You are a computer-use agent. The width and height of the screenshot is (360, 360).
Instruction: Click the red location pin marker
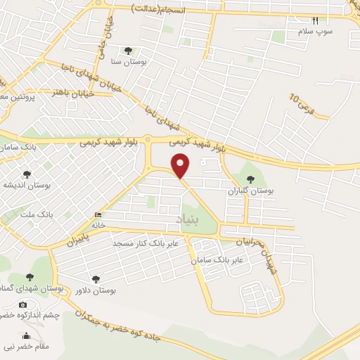pyautogui.click(x=181, y=165)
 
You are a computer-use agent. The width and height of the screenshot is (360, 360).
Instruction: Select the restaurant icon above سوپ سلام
pyautogui.click(x=315, y=20)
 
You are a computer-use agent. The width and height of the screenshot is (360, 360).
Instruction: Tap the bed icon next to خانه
pyautogui.click(x=97, y=214)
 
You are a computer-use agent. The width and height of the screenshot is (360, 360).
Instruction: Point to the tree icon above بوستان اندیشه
pyautogui.click(x=27, y=174)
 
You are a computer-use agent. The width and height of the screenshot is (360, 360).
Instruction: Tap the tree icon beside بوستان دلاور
pyautogui.click(x=94, y=279)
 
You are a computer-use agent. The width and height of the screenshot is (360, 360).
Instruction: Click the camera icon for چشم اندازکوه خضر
pyautogui.click(x=23, y=304)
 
